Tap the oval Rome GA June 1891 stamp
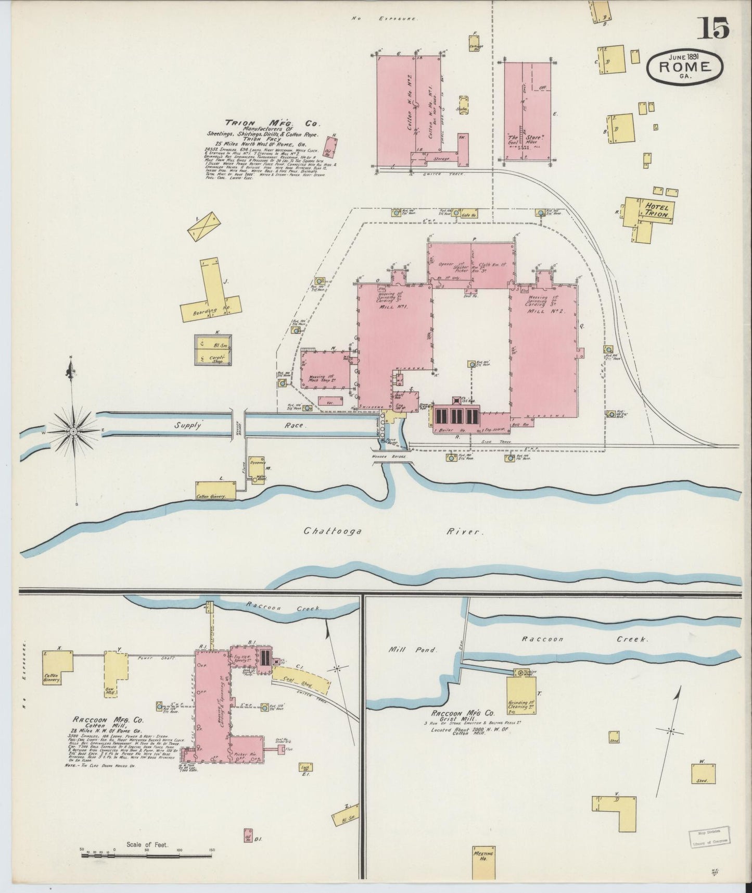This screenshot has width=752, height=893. pyautogui.click(x=685, y=66)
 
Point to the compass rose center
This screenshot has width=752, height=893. pyautogui.click(x=74, y=431)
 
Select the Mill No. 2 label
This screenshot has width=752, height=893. pyautogui.click(x=543, y=311)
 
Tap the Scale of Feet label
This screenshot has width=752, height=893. pyautogui.click(x=148, y=845)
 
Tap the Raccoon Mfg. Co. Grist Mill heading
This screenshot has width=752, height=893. pyautogui.click(x=462, y=715)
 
